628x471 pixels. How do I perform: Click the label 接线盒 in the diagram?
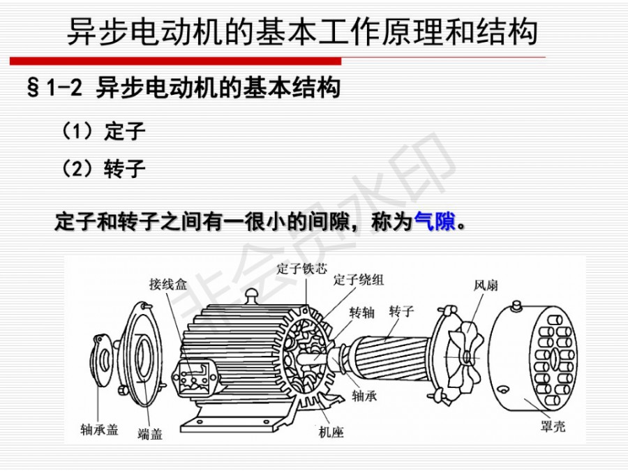point(168,284)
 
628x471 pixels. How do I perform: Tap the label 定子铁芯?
point(301,269)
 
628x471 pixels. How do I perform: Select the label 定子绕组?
point(359,279)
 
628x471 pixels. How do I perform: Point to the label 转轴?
point(361,312)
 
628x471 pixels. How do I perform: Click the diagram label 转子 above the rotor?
point(401,311)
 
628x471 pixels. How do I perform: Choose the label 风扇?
point(486,285)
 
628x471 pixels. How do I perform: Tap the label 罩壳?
point(553,426)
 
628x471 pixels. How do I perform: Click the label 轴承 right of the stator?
point(364,396)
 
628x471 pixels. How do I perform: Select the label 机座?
point(331,432)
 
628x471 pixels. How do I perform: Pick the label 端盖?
point(150,433)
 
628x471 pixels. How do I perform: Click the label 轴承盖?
point(99,429)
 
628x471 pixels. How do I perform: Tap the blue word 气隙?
point(435,220)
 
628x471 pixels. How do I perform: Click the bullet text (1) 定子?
point(103,130)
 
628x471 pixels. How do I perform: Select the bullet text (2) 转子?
point(103,168)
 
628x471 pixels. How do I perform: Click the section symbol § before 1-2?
point(33,87)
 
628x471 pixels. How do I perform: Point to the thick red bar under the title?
point(175,61)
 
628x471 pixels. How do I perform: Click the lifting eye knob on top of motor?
point(251,297)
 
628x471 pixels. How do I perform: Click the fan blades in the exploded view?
point(465,356)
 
